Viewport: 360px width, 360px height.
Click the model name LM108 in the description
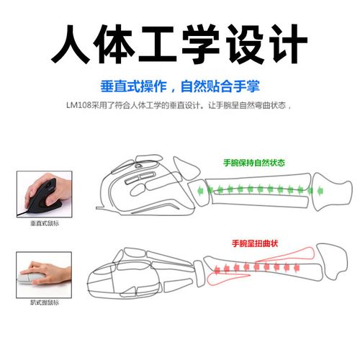(x=81, y=106)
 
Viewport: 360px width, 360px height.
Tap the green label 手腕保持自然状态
(x=253, y=163)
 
